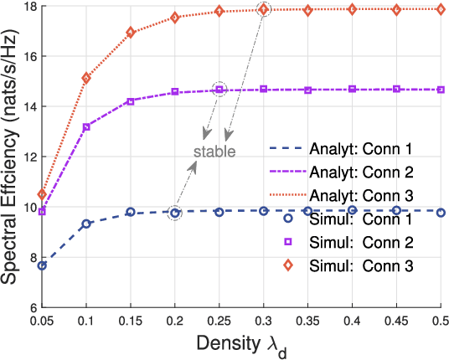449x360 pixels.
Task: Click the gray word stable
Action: click(x=214, y=152)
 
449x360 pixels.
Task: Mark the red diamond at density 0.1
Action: click(x=86, y=78)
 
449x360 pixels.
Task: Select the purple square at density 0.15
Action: click(x=131, y=101)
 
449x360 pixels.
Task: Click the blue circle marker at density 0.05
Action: click(x=42, y=265)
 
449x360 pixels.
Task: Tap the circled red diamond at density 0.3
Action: click(x=264, y=9)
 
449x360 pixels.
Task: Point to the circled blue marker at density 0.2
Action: click(x=175, y=213)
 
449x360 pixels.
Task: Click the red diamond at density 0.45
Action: click(x=396, y=9)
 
